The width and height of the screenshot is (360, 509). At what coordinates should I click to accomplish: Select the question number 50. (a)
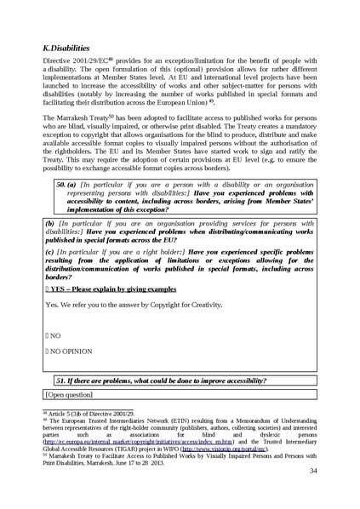tap(66, 207)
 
